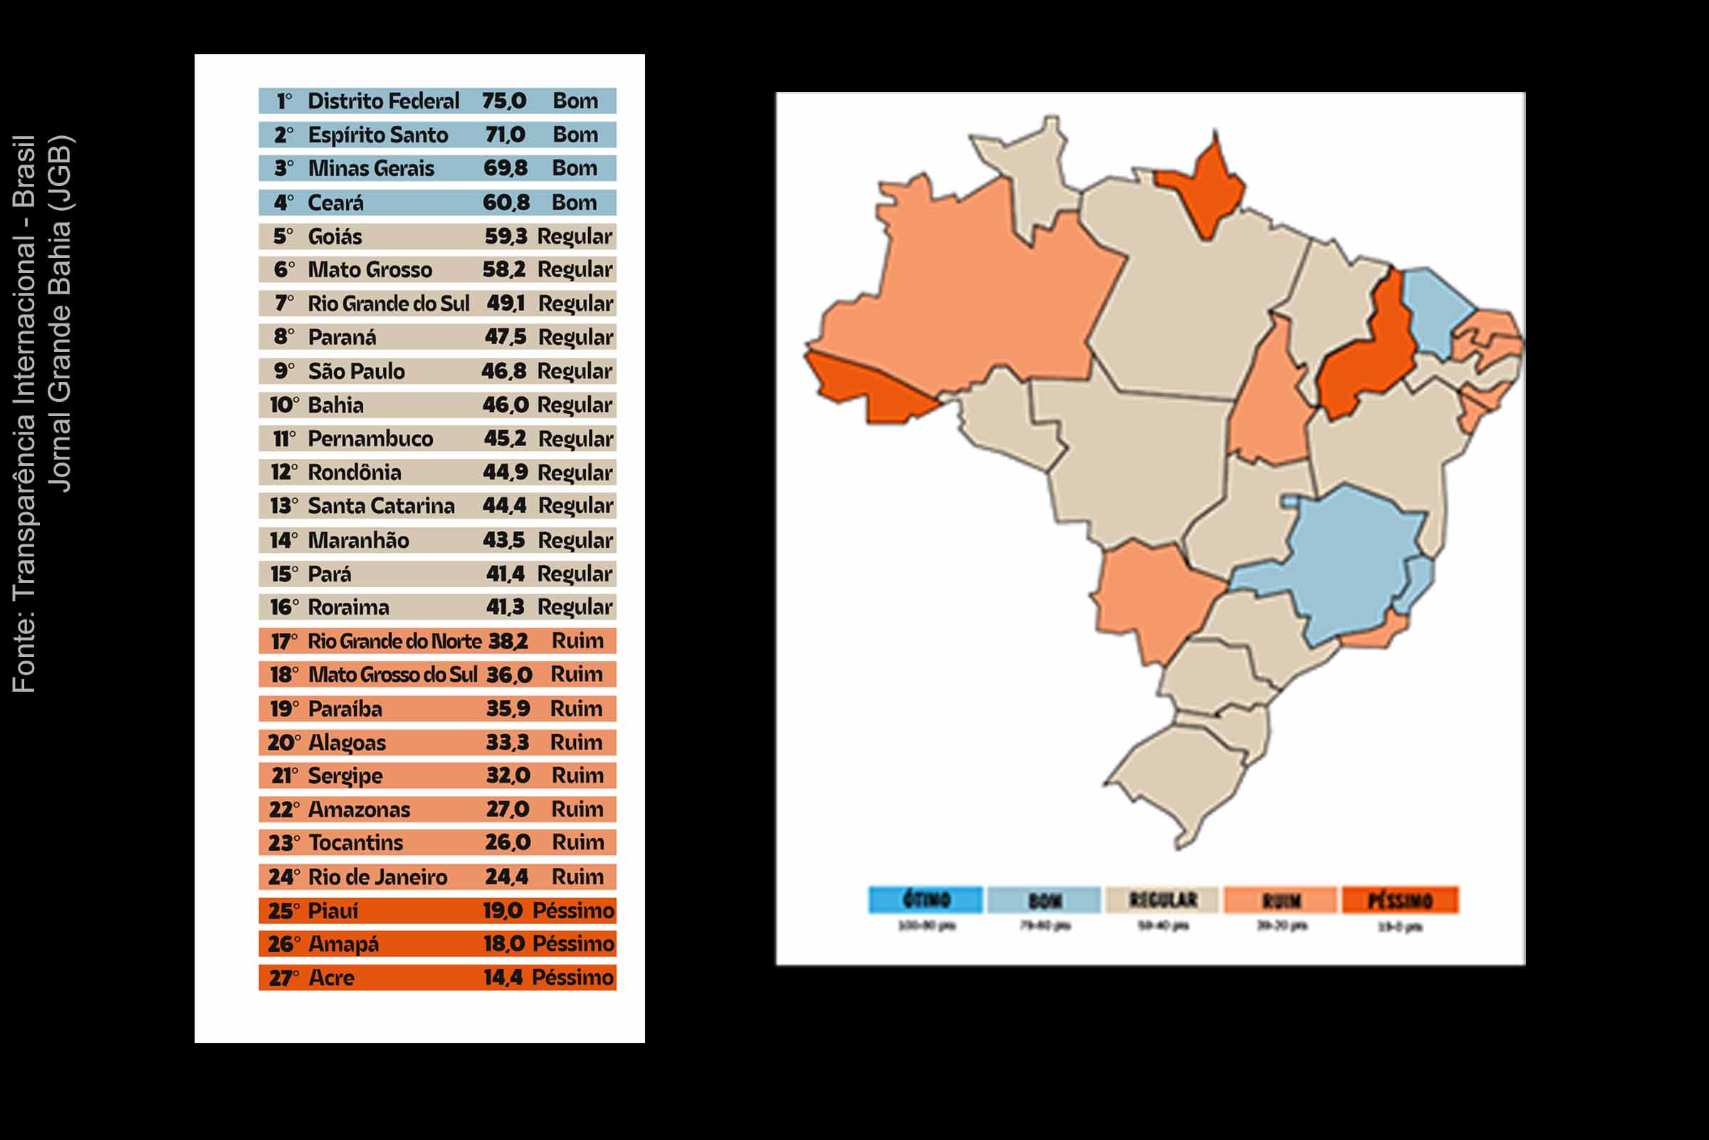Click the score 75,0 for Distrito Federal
(503, 101)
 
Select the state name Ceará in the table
(335, 203)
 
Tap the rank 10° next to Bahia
(283, 405)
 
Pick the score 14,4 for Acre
(503, 978)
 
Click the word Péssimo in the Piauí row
(573, 911)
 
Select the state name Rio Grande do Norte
(394, 641)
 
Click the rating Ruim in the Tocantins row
(577, 843)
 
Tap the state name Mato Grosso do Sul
(392, 675)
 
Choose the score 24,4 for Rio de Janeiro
(506, 877)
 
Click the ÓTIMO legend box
(926, 900)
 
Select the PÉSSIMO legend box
(1399, 900)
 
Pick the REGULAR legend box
(1162, 900)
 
